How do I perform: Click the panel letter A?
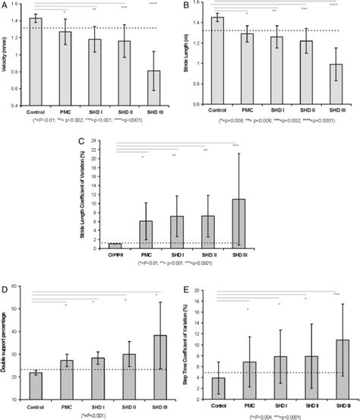5,5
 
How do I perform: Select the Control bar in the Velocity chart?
35,61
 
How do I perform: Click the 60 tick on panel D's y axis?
21,290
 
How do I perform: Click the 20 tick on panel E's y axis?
201,290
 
